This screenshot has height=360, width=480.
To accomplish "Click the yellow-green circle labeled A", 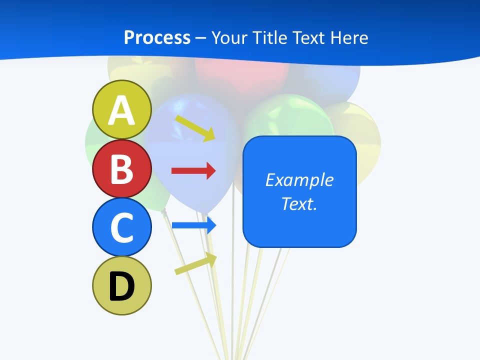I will (122, 109).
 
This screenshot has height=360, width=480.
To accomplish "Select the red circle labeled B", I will (122, 168).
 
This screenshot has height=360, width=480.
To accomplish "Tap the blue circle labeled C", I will (122, 227).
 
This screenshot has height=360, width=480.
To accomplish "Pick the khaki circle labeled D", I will (122, 285).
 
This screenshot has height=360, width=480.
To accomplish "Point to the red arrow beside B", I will (193, 171).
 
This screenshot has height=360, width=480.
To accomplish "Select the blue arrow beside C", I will (193, 225).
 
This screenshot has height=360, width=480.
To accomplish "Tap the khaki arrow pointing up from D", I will (195, 263).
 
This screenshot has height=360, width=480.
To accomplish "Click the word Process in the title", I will (157, 37).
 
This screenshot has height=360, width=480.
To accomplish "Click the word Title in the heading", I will (270, 37).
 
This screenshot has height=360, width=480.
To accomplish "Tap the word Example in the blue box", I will (299, 180).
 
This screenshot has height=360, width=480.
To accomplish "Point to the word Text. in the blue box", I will (299, 203).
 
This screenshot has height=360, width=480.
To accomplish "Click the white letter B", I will (122, 168).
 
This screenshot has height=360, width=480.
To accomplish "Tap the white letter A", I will (122, 110).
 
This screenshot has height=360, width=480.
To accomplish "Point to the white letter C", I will (122, 227).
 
